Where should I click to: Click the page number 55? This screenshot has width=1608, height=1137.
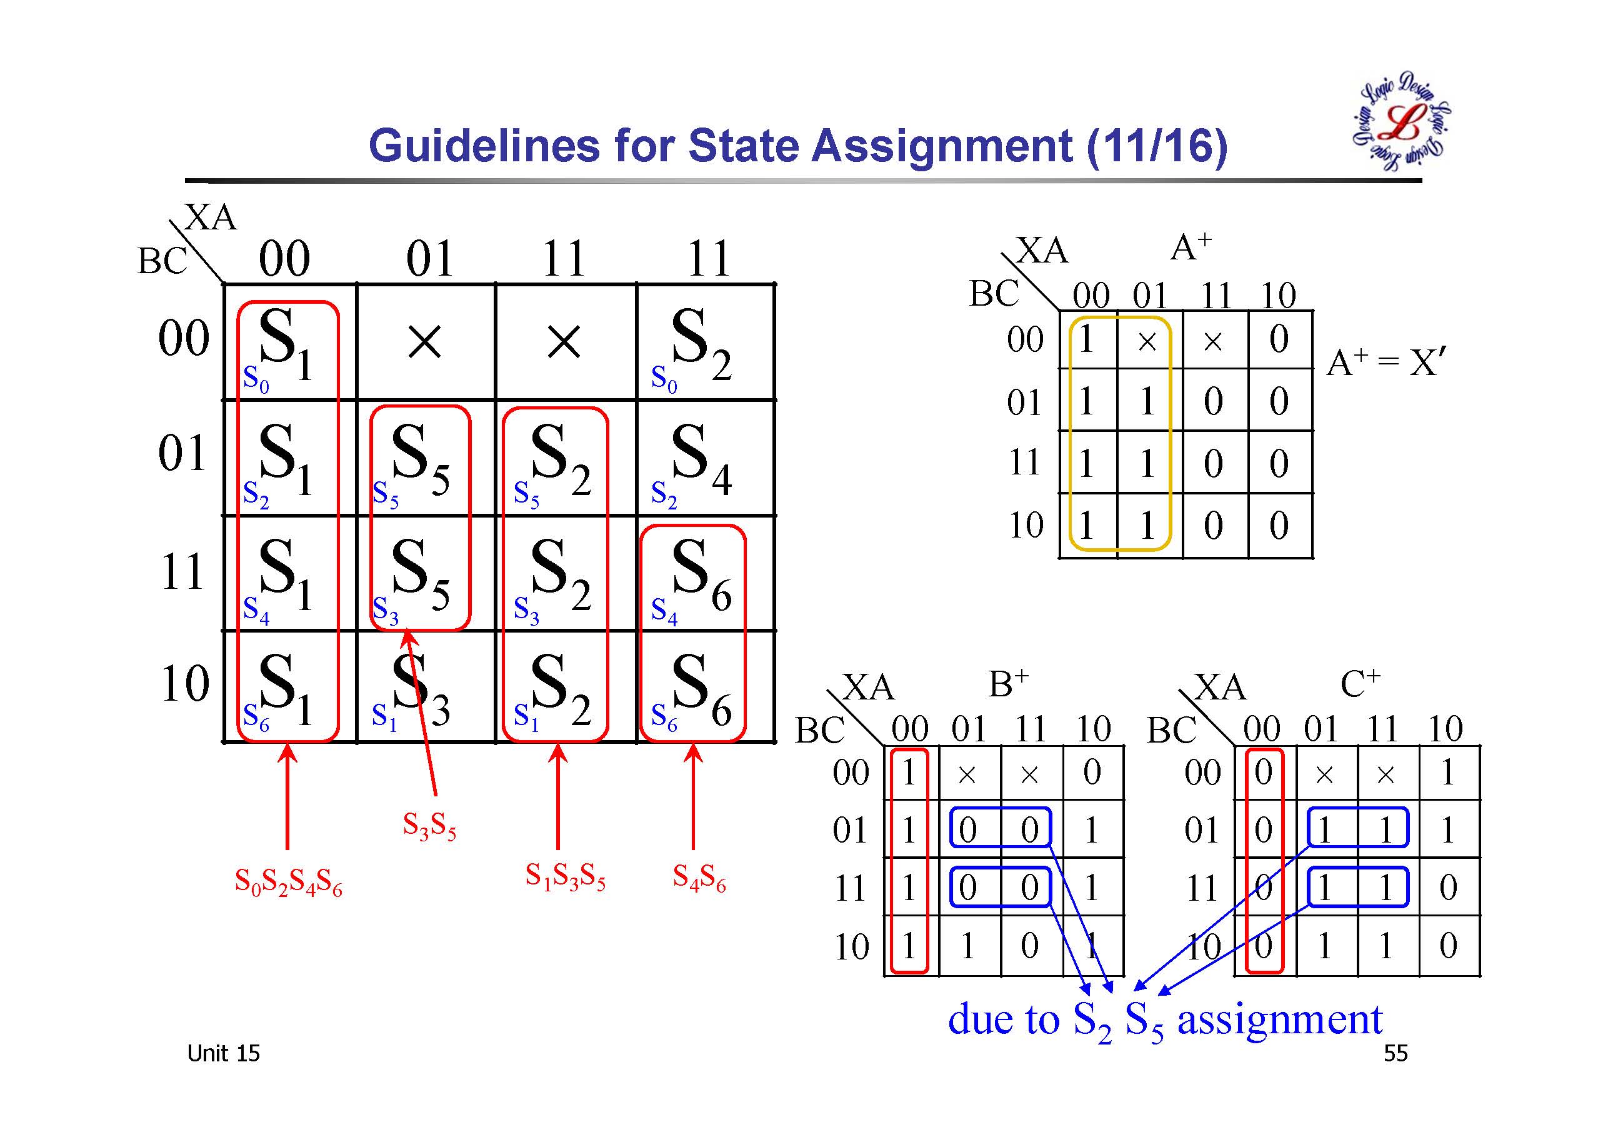click(1395, 1054)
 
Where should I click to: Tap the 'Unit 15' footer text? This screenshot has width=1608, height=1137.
click(223, 1054)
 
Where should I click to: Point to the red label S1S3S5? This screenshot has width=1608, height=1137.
click(565, 876)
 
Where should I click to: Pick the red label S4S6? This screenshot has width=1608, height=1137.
click(699, 877)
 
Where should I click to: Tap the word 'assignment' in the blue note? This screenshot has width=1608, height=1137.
click(1279, 1019)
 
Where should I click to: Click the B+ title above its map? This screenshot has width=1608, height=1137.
click(1009, 684)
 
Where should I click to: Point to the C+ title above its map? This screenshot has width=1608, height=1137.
click(1360, 684)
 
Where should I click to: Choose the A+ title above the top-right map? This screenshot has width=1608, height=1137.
click(1191, 247)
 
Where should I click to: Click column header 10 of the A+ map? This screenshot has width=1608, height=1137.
click(1278, 296)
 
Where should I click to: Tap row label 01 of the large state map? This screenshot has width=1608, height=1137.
click(182, 453)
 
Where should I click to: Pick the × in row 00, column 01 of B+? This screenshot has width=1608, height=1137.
click(967, 774)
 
